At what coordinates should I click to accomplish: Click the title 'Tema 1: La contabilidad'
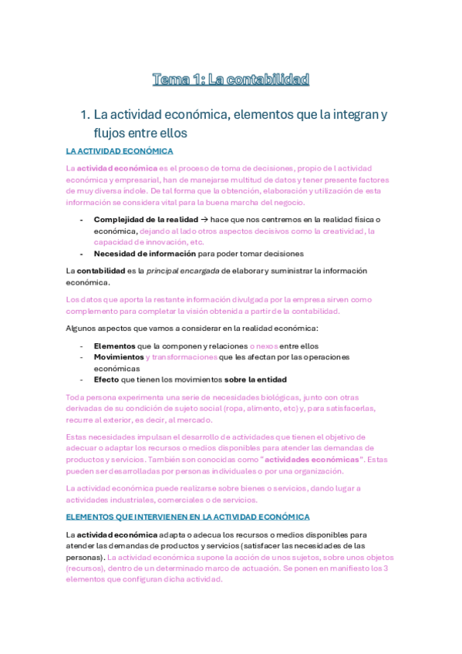[231, 79]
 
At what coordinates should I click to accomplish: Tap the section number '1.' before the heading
[86, 115]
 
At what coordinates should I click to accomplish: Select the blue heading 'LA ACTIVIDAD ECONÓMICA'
[120, 151]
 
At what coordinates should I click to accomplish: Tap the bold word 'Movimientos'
[118, 358]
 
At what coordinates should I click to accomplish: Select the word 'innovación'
[154, 241]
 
